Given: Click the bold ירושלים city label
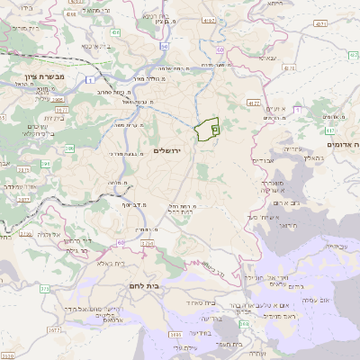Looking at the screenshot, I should click(x=167, y=150).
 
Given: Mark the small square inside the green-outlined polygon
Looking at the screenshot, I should click(x=214, y=129).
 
